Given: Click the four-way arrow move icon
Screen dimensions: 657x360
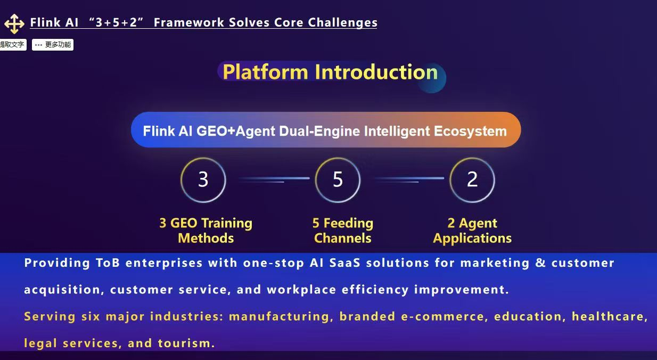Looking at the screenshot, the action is tap(14, 24).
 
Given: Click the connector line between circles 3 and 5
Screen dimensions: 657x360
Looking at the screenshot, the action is tap(274, 178).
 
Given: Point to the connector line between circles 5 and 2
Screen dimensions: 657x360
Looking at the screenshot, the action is tap(409, 178).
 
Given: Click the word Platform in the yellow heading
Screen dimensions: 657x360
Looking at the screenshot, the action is tap(265, 72).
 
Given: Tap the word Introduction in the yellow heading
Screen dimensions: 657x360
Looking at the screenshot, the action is tap(376, 72).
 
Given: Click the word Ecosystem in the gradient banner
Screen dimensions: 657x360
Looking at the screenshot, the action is tap(470, 131).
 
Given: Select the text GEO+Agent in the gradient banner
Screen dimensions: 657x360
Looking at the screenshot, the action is tap(236, 131).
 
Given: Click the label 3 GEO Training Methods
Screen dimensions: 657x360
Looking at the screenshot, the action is tap(206, 231).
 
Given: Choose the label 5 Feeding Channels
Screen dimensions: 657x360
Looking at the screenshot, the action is tap(343, 231).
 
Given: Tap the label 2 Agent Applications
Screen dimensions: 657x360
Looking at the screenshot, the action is tap(472, 231).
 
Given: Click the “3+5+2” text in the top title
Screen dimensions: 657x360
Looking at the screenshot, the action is tap(116, 22).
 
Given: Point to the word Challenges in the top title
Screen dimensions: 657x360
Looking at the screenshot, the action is tap(342, 22).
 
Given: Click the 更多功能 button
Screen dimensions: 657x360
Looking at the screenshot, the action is tap(53, 45).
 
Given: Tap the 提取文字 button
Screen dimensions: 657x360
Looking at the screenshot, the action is tap(12, 45).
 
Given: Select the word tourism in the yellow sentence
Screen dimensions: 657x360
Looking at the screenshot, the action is tap(186, 343).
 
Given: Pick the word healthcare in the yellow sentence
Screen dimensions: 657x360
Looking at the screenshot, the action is tap(610, 316).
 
